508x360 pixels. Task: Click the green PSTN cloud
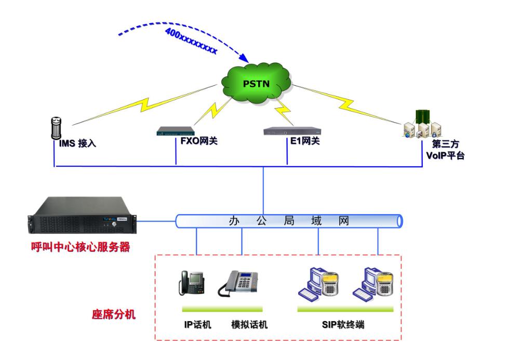click(256, 83)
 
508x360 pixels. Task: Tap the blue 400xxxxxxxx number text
click(191, 41)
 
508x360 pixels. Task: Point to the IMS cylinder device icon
click(56, 128)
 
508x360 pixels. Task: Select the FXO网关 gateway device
click(176, 131)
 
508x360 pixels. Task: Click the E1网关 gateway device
click(292, 131)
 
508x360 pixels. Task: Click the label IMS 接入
click(78, 143)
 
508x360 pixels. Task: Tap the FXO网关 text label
click(199, 141)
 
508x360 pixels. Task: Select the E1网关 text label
click(305, 141)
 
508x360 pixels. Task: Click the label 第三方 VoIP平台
click(446, 150)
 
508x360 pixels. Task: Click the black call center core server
click(82, 215)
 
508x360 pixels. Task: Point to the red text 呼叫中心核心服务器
click(81, 247)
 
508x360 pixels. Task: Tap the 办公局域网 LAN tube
click(289, 221)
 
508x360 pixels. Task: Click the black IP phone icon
click(192, 283)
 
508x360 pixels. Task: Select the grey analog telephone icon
click(238, 283)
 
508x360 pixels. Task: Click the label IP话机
click(197, 324)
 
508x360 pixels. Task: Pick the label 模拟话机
click(249, 324)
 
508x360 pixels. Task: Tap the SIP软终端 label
click(343, 324)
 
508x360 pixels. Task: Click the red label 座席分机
click(114, 314)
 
